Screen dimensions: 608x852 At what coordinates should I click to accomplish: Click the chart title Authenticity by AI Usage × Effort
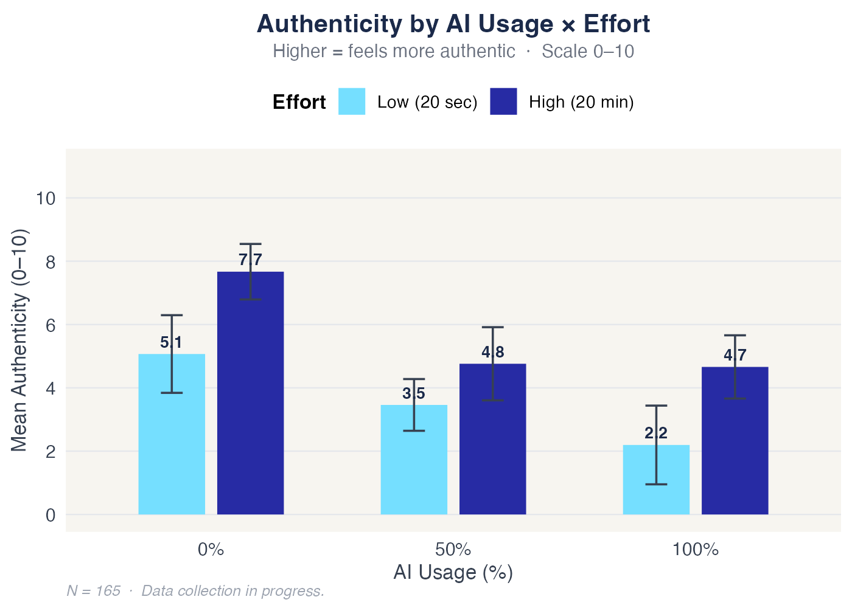[453, 24]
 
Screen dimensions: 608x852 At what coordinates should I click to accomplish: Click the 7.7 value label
[250, 260]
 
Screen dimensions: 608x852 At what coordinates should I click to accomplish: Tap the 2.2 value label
[656, 434]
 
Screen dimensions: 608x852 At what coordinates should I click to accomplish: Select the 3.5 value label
[414, 394]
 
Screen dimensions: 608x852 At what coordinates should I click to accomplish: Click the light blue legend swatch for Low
[352, 102]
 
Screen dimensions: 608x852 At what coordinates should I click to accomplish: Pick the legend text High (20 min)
[581, 102]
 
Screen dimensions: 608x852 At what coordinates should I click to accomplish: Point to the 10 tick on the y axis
[46, 198]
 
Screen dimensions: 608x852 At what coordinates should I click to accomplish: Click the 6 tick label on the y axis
[51, 325]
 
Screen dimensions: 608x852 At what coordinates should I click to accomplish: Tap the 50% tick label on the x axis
[453, 550]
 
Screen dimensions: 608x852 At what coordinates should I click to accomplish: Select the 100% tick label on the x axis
[696, 550]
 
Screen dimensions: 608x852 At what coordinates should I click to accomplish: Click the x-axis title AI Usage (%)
[453, 573]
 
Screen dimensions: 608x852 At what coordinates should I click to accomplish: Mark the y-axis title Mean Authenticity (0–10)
[19, 340]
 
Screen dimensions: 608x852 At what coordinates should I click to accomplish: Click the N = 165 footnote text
[195, 591]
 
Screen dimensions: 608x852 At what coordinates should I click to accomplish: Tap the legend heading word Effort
[299, 102]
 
